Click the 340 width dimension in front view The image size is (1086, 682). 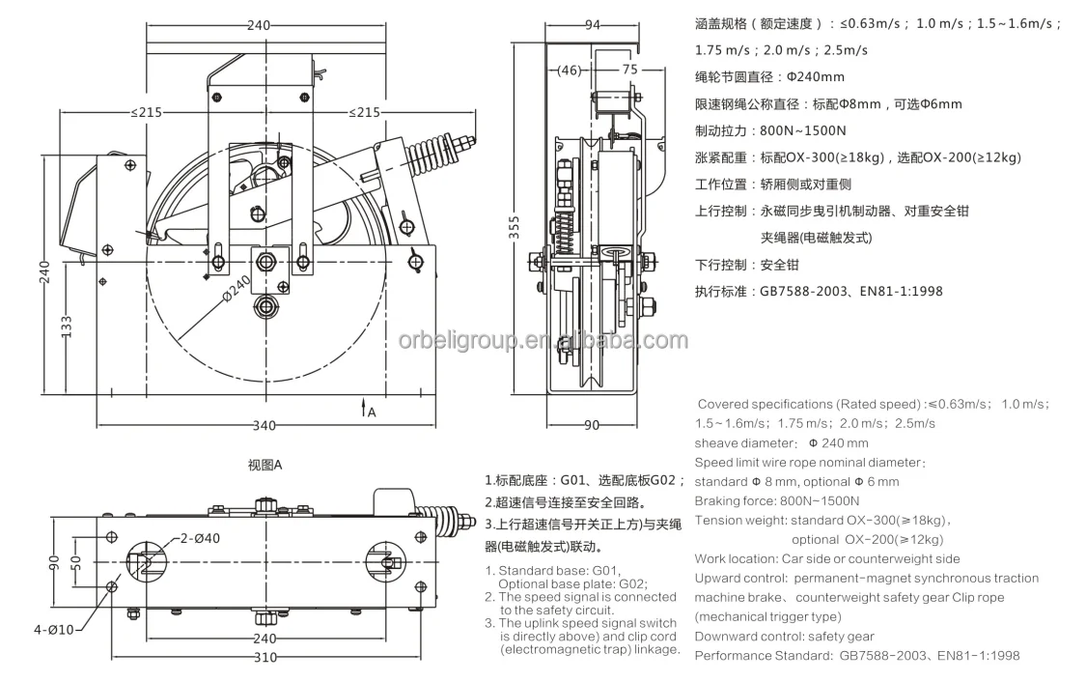point(265,425)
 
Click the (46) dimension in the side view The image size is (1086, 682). point(571,70)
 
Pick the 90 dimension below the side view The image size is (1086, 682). point(592,425)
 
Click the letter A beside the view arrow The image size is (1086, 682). point(372,412)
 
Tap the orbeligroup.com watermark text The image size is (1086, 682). point(543,340)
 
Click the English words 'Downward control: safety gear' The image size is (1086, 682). point(784,636)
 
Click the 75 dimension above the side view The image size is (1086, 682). point(628,70)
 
